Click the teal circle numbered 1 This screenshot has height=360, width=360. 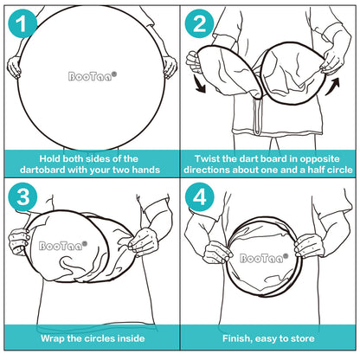pos(22,23)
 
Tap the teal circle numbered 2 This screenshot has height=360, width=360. pos(199,23)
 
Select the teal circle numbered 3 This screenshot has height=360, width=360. pos(22,197)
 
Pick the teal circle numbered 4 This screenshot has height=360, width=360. pos(199,197)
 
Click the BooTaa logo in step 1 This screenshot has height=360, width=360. pos(93,76)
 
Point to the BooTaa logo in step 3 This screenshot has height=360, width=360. pos(63,246)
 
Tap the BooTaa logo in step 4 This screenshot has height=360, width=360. pos(264,258)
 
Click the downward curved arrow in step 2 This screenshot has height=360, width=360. pos(199,84)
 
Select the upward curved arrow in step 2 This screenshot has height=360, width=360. pos(332,87)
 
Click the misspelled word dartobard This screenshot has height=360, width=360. pos(42,170)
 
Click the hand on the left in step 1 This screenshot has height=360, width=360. pos(14,67)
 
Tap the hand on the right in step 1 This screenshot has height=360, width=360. pos(170,67)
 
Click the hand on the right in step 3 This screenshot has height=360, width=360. pos(144,241)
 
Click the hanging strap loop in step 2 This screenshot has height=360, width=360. pos(258,115)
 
